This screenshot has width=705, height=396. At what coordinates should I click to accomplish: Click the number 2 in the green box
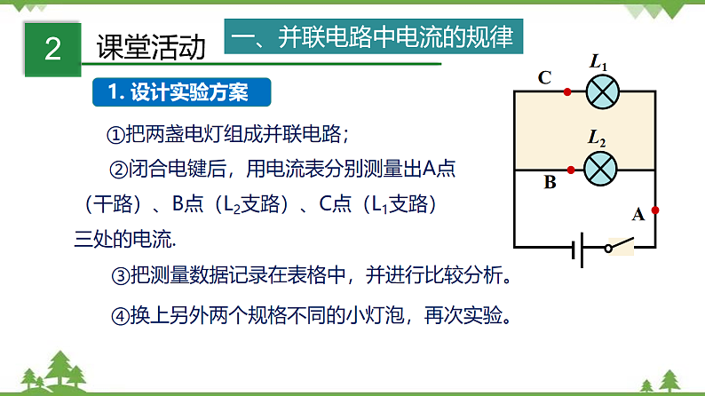coord(52,48)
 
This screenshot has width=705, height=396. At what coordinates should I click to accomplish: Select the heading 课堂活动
coord(152,47)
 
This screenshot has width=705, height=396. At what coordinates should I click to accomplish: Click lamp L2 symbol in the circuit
coord(602,168)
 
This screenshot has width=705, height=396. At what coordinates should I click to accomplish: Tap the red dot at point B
coord(568,169)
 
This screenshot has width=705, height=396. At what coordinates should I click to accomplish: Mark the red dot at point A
coord(655,210)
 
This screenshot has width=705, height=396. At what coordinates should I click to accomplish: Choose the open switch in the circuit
coord(618,243)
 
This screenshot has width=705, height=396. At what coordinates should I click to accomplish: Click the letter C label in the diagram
coord(544,77)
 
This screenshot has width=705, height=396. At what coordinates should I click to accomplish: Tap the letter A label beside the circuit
coord(637,214)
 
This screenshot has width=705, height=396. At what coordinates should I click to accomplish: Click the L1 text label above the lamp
coord(598,62)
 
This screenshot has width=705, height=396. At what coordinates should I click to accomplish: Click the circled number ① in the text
coord(116,134)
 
